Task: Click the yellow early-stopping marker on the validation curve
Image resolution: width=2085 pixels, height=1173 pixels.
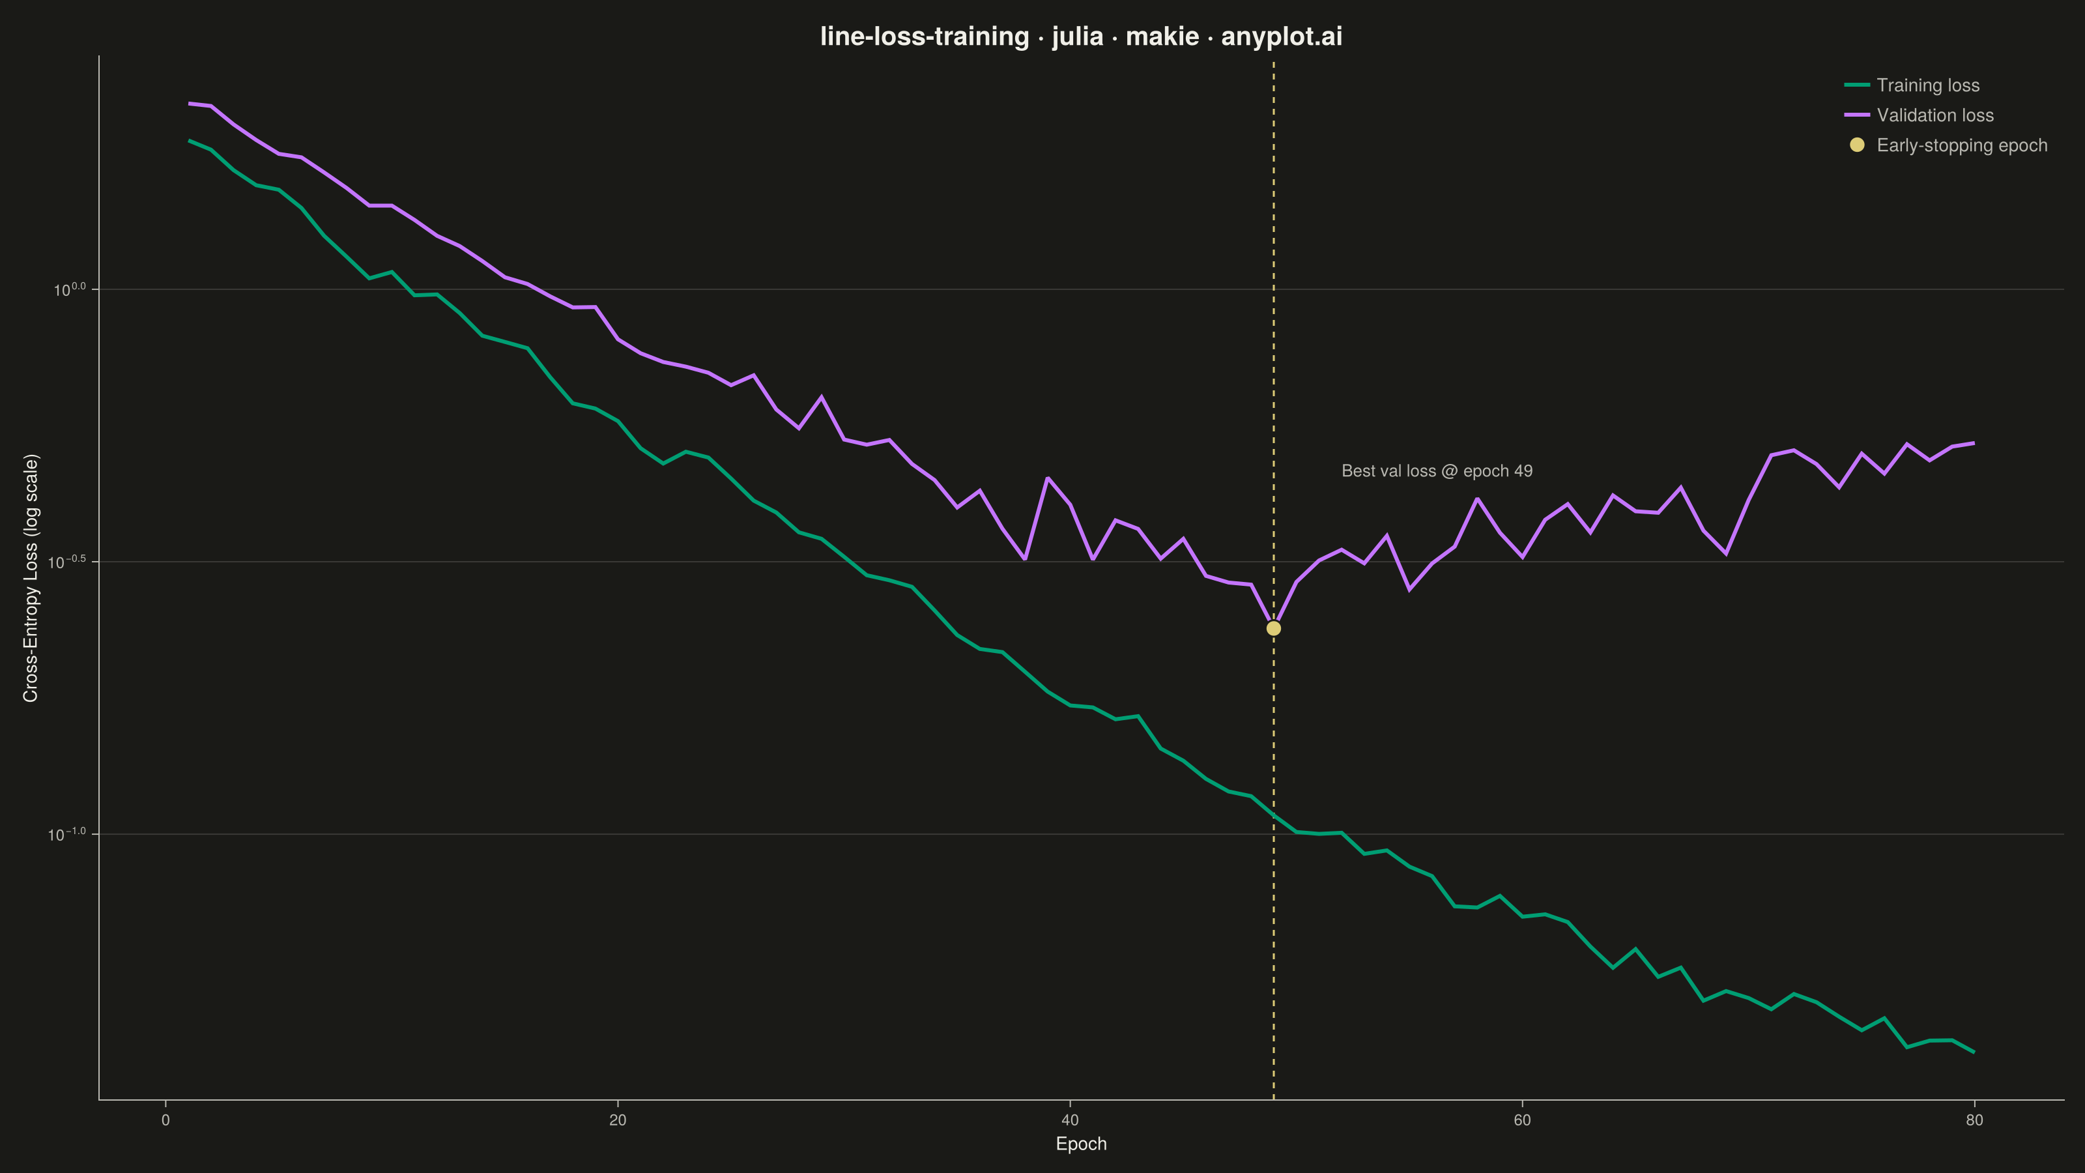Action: pyautogui.click(x=1273, y=628)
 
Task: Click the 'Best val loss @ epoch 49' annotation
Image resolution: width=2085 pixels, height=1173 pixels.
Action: pyautogui.click(x=1437, y=471)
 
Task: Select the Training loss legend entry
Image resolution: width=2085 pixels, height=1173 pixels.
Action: pyautogui.click(x=1912, y=85)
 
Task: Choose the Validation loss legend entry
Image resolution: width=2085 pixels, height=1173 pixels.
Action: pyautogui.click(x=1919, y=115)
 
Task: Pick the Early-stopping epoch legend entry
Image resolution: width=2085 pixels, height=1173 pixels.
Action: pyautogui.click(x=1948, y=145)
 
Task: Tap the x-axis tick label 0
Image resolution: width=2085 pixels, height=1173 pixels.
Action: pyautogui.click(x=166, y=1120)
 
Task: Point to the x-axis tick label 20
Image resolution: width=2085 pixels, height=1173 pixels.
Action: pyautogui.click(x=618, y=1120)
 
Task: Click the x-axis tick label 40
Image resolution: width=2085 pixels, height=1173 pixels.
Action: pyautogui.click(x=1070, y=1120)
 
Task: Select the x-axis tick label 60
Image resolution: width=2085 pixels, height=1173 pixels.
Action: pyautogui.click(x=1521, y=1120)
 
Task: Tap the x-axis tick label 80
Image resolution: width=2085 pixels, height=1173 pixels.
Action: pyautogui.click(x=1974, y=1120)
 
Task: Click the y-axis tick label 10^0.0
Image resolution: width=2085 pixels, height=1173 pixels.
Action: pyautogui.click(x=70, y=289)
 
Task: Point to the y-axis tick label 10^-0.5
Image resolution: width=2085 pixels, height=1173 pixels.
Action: pyautogui.click(x=66, y=562)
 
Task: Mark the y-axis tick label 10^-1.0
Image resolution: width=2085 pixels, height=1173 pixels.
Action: pyautogui.click(x=66, y=834)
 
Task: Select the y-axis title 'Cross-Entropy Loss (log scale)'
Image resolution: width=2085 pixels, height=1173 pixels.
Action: pyautogui.click(x=31, y=578)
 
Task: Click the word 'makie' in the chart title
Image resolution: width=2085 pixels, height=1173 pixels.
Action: pyautogui.click(x=1162, y=36)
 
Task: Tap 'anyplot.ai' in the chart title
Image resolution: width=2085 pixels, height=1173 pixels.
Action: pyautogui.click(x=1281, y=37)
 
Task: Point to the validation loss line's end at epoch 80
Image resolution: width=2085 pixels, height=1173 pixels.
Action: pyautogui.click(x=1974, y=443)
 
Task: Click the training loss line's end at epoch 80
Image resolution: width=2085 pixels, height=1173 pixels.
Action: pyautogui.click(x=1974, y=1052)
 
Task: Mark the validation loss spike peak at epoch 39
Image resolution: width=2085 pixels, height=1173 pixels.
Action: pyautogui.click(x=1047, y=478)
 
